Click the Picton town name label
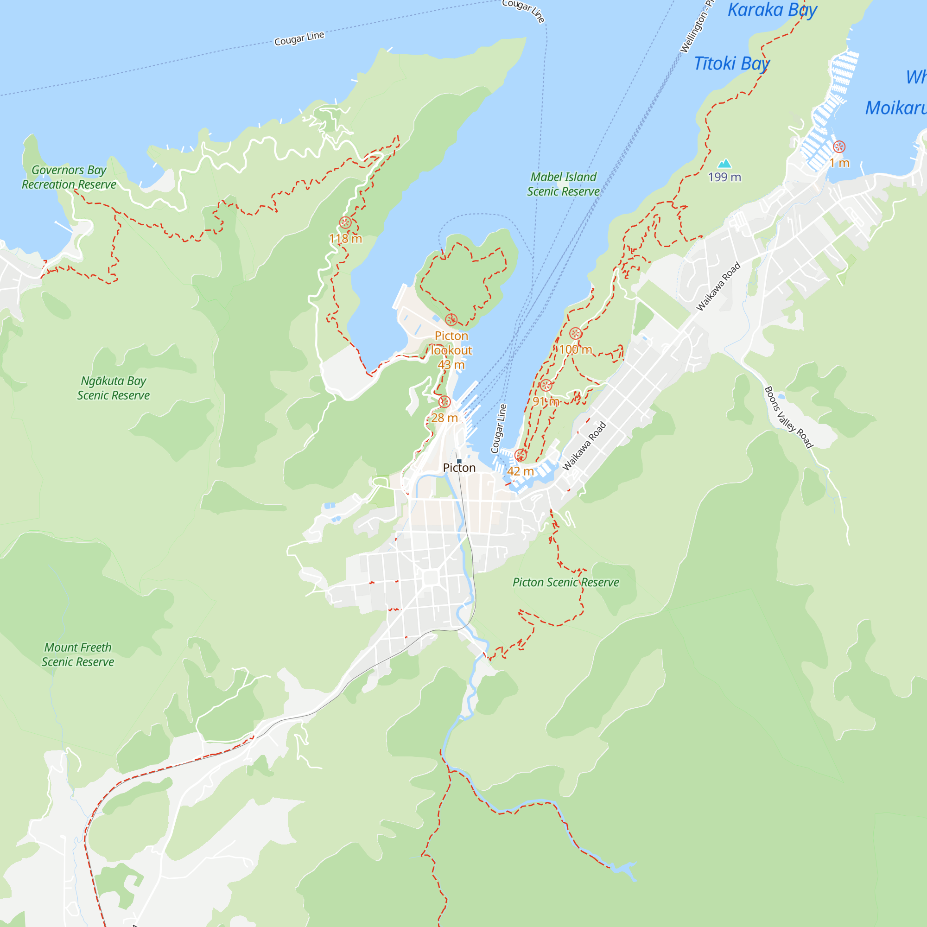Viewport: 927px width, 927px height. (459, 468)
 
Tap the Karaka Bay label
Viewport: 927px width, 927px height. (772, 10)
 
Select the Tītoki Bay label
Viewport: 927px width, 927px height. (732, 63)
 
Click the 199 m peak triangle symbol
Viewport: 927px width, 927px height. (724, 164)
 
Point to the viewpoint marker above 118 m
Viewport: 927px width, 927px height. (345, 222)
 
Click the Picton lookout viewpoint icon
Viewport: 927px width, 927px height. (451, 319)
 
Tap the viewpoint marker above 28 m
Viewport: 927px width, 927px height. (445, 401)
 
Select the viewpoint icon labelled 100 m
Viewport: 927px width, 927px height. (575, 333)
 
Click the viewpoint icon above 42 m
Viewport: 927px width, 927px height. (520, 455)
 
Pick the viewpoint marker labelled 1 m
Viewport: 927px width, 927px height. (839, 147)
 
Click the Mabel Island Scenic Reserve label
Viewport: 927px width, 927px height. (563, 184)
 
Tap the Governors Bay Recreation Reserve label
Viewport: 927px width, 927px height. (69, 177)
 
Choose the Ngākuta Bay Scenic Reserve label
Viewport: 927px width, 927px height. (113, 388)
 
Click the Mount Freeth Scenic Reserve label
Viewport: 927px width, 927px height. (78, 654)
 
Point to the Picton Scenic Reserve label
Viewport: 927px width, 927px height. (565, 583)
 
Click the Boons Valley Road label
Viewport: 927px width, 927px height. (788, 418)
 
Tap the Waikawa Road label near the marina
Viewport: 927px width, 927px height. (584, 446)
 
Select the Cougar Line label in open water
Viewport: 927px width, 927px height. (299, 38)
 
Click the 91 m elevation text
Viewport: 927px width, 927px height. (546, 401)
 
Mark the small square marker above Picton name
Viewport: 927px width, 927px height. (459, 461)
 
